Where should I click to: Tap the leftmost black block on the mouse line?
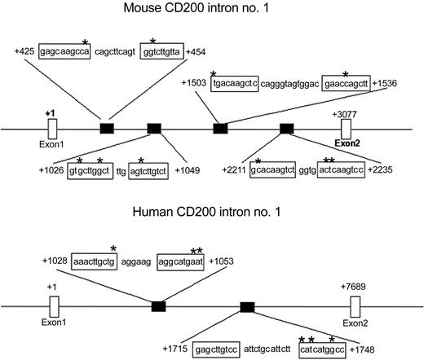click(107, 128)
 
